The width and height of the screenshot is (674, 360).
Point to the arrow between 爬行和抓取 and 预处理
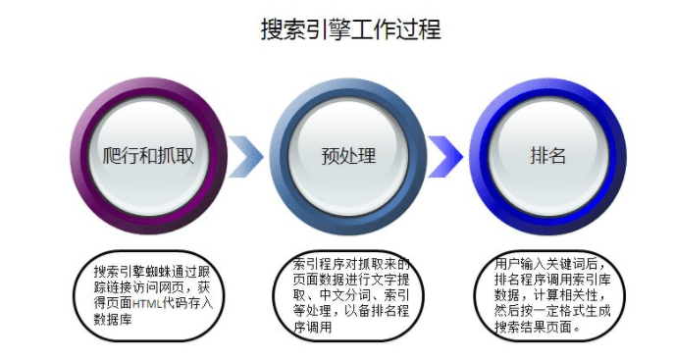pos(247,155)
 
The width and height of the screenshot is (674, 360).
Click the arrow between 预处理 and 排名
pos(445,155)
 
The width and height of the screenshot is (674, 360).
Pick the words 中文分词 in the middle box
pos(349,296)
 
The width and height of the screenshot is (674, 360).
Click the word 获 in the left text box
pos(203,287)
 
